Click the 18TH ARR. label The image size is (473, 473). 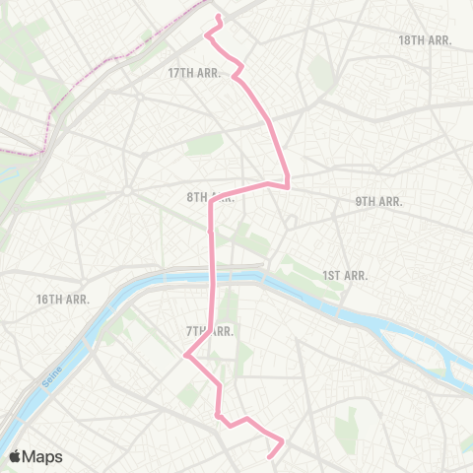[x=425, y=40]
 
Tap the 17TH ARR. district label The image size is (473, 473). [x=193, y=73]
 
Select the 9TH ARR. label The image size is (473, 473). [x=379, y=201]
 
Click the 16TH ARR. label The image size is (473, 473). [x=64, y=299]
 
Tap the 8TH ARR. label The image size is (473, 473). [x=210, y=197]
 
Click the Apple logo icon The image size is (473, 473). [x=15, y=456]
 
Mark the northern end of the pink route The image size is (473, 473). [x=218, y=18]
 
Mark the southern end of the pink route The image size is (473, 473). [x=271, y=454]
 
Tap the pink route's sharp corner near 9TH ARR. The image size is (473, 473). [x=287, y=184]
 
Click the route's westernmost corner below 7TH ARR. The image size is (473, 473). [x=184, y=357]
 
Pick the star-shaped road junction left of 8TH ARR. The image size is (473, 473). [x=128, y=190]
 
